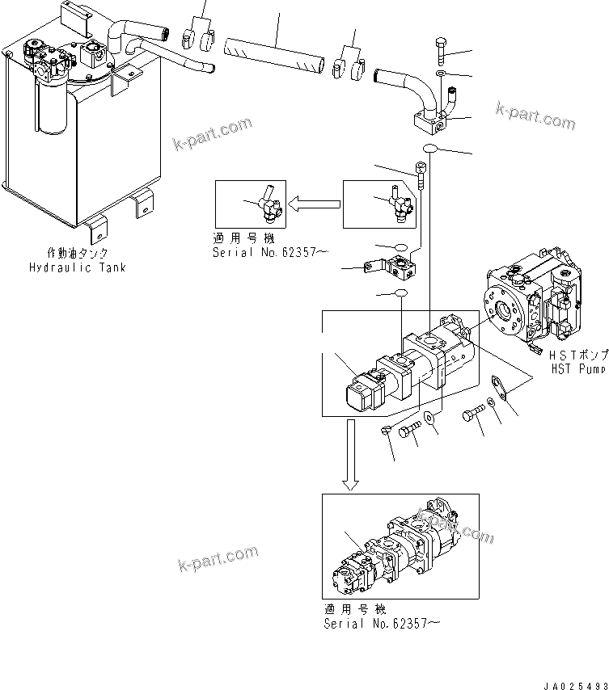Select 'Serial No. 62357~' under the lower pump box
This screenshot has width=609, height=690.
coord(383,624)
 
